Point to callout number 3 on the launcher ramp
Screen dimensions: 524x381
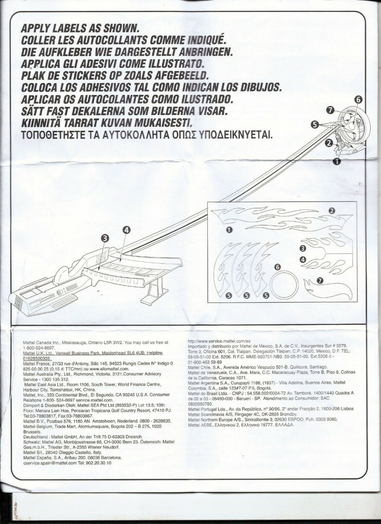105,238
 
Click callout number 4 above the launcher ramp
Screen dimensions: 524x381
127,230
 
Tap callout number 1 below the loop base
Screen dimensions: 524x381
338,161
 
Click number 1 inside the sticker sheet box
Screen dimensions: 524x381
229,230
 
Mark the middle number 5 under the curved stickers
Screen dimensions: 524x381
246,296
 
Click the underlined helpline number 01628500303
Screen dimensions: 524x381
37,358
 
